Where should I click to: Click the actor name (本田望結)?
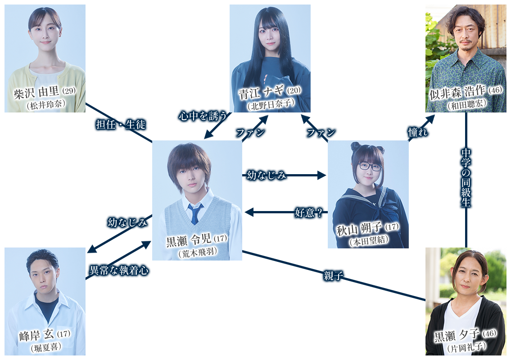pyautogui.click(x=368, y=242)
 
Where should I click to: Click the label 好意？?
pyautogui.click(x=308, y=212)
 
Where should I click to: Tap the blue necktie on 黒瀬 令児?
pyautogui.click(x=194, y=214)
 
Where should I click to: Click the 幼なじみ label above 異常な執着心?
pyautogui.click(x=127, y=222)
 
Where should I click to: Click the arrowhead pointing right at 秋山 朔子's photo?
pyautogui.click(x=322, y=175)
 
